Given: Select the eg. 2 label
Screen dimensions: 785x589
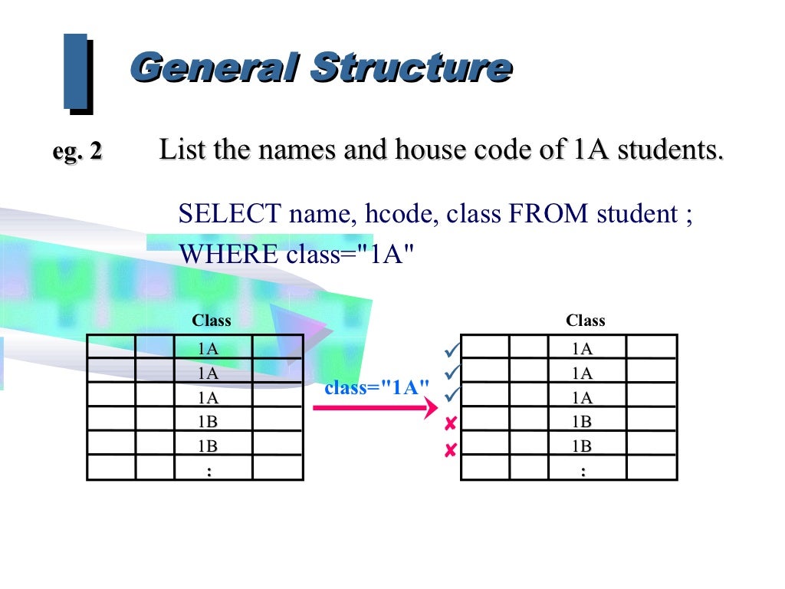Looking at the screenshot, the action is [x=77, y=151].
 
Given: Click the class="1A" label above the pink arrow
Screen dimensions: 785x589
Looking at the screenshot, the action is [x=376, y=387].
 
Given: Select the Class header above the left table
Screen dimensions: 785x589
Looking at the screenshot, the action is [x=211, y=321].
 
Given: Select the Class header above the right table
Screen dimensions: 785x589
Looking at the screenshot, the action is [x=585, y=321].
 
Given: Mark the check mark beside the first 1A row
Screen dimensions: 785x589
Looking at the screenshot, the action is [x=451, y=350].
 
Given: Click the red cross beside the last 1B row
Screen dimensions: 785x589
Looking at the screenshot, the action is [x=451, y=450].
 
